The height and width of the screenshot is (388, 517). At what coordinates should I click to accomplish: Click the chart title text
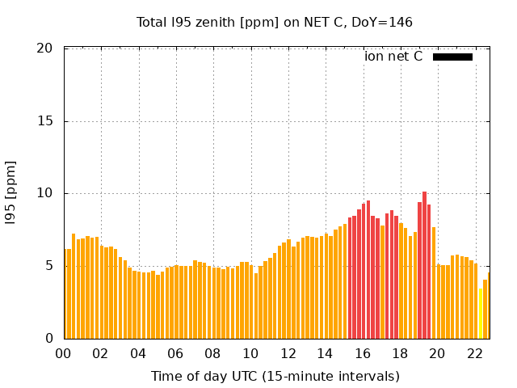[275, 22]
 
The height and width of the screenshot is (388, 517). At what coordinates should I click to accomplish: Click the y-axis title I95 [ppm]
[11, 193]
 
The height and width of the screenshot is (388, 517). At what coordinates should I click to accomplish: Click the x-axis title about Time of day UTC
[275, 376]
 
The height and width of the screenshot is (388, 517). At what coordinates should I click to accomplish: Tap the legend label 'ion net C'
[393, 57]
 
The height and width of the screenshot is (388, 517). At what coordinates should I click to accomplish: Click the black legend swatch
[452, 57]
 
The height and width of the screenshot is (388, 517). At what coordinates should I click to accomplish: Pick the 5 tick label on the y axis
[48, 266]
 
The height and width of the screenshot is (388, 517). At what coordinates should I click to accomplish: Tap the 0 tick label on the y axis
[48, 338]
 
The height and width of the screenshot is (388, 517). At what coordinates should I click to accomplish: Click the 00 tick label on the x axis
[63, 353]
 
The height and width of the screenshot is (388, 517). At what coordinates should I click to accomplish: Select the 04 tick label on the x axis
[138, 353]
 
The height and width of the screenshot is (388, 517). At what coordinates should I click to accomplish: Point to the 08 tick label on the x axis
[212, 353]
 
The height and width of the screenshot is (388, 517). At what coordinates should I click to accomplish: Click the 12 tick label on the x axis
[288, 353]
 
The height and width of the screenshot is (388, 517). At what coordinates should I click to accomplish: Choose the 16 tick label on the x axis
[362, 353]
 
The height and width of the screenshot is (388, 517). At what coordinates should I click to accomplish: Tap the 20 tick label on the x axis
[437, 353]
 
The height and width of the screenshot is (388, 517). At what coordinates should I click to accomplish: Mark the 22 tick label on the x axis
[474, 353]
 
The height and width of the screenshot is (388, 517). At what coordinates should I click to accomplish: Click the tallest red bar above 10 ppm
[424, 267]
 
